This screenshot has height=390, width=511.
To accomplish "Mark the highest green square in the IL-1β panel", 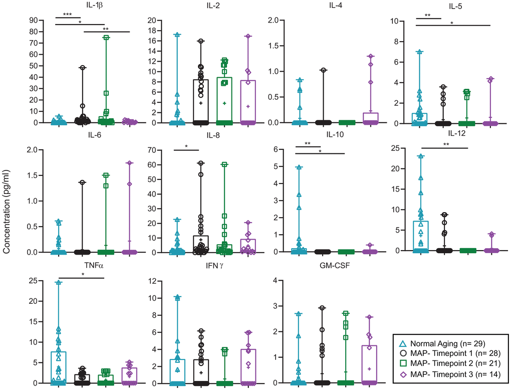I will click(x=106, y=38).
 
